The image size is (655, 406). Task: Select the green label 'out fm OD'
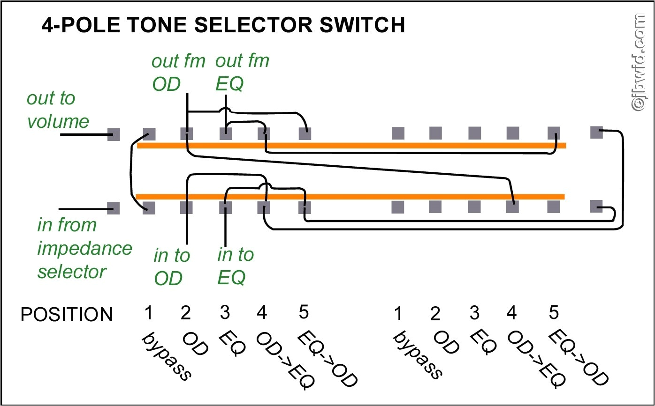tap(178, 72)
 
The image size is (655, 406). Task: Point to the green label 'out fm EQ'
tap(242, 72)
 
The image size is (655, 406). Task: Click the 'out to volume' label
tap(57, 110)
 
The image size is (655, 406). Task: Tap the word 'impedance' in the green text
tap(84, 248)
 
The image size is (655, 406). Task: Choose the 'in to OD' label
tap(171, 267)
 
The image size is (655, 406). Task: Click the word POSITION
tap(67, 315)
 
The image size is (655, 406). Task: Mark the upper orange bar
tap(352, 146)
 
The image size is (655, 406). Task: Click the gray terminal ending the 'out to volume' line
tap(114, 134)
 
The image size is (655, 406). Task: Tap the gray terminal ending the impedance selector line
tap(114, 207)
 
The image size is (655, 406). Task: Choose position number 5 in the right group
tap(554, 312)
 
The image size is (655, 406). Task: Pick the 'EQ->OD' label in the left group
tap(328, 359)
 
